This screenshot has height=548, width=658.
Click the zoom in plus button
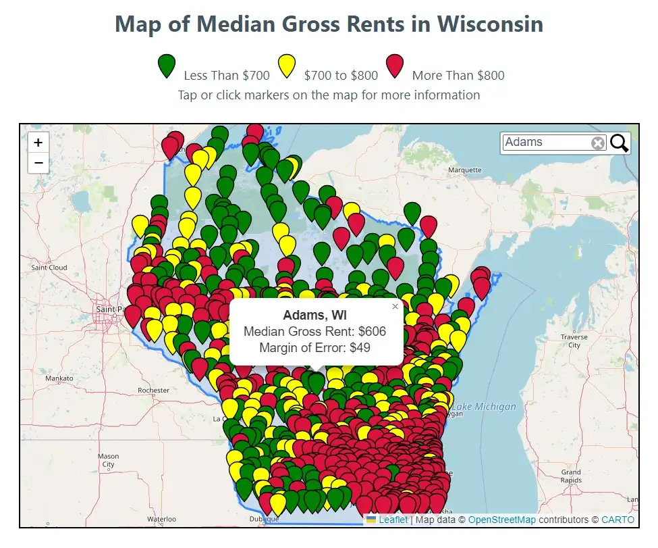tap(38, 143)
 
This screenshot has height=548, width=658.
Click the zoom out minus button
tap(38, 163)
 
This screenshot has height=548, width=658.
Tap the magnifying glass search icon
tap(620, 143)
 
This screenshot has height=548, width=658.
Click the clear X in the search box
tap(598, 143)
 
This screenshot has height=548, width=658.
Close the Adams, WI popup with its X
tap(395, 307)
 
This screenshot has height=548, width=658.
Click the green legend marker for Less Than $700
tap(166, 67)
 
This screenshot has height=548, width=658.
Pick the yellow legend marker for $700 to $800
tap(287, 67)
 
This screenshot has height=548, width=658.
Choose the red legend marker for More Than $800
tap(394, 67)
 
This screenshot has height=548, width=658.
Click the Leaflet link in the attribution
tap(393, 520)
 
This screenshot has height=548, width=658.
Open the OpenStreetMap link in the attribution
tap(501, 520)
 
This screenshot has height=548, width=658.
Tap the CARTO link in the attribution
tap(618, 520)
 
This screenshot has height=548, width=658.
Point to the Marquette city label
tap(466, 170)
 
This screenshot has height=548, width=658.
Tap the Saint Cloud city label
tap(49, 268)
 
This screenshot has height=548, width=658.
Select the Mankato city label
tap(59, 378)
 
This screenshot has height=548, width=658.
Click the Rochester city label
tap(153, 391)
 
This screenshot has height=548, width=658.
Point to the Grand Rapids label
tap(571, 476)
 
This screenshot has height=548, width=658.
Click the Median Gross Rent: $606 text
tap(314, 332)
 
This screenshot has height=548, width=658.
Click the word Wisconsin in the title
tap(490, 24)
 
